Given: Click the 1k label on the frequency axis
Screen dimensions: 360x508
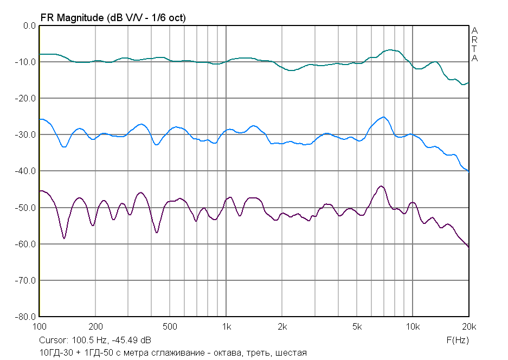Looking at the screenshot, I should (226, 327).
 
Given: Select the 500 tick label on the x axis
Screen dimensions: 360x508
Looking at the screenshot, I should (170, 327).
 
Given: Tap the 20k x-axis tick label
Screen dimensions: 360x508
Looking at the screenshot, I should (469, 327).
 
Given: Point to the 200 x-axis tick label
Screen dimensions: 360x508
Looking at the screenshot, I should (95, 327).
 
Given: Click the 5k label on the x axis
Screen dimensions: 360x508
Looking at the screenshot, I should (356, 327).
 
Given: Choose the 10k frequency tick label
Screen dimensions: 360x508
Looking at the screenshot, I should (413, 327).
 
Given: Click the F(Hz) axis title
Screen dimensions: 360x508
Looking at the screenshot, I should (457, 340).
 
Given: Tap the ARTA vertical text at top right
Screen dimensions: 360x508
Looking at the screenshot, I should (474, 44).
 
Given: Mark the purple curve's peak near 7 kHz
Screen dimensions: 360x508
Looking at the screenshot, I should (381, 186).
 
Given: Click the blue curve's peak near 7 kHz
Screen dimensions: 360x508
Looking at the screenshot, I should (383, 117).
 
